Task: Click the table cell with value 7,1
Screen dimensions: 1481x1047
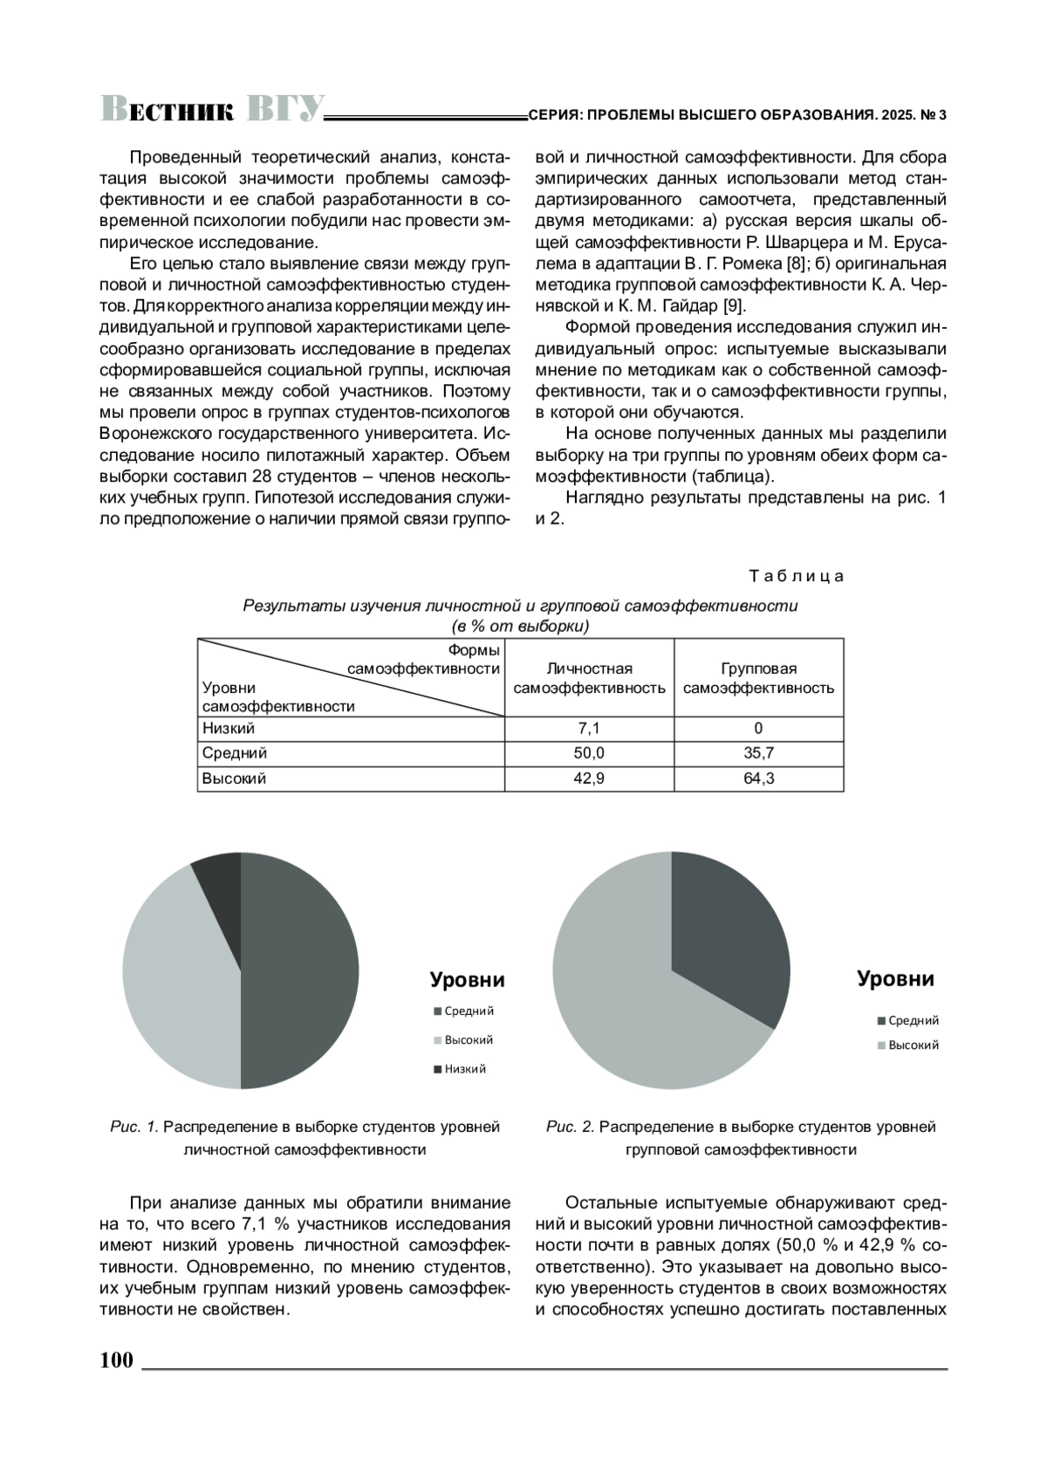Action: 589,728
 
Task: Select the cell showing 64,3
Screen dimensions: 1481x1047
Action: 758,778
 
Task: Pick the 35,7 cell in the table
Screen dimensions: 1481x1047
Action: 758,753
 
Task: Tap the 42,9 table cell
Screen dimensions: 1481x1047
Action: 589,778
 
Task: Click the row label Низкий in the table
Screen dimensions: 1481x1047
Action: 229,728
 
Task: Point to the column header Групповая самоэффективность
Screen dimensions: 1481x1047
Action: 758,678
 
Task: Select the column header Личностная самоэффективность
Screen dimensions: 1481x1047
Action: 589,678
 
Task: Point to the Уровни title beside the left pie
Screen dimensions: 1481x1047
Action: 467,980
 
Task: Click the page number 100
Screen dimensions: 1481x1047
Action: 117,1361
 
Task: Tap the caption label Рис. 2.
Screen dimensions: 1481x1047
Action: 570,1127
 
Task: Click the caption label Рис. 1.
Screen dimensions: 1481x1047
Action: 134,1127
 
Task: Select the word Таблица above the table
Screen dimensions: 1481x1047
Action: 796,576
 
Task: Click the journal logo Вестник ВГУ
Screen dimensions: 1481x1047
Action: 212,109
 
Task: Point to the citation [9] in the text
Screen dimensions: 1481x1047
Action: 735,305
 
